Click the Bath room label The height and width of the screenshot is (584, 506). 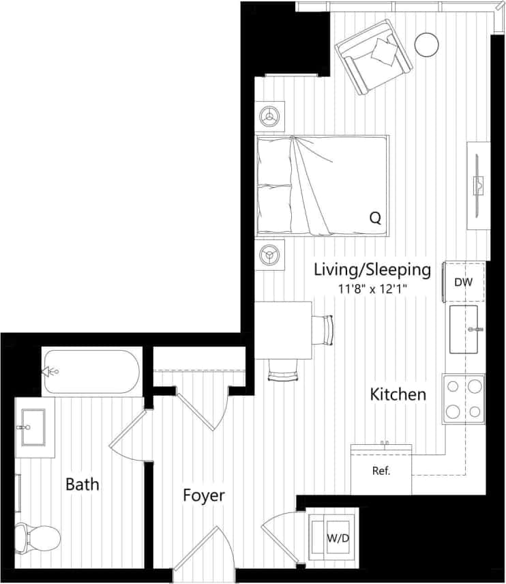pyautogui.click(x=82, y=484)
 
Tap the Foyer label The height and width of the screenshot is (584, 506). pyautogui.click(x=203, y=495)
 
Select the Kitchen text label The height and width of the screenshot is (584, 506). pyautogui.click(x=398, y=394)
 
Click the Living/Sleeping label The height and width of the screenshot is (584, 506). pyautogui.click(x=372, y=269)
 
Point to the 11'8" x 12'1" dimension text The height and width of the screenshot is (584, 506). pyautogui.click(x=372, y=289)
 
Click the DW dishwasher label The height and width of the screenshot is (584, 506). pyautogui.click(x=464, y=280)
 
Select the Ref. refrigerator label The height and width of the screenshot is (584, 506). pyautogui.click(x=381, y=471)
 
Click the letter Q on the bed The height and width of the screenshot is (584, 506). pyautogui.click(x=374, y=218)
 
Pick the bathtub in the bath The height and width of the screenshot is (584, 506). pyautogui.click(x=91, y=372)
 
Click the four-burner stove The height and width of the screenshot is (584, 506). pyautogui.click(x=464, y=399)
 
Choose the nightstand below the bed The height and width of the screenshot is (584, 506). pyautogui.click(x=271, y=256)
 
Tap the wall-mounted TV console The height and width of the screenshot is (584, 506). pyautogui.click(x=479, y=185)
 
